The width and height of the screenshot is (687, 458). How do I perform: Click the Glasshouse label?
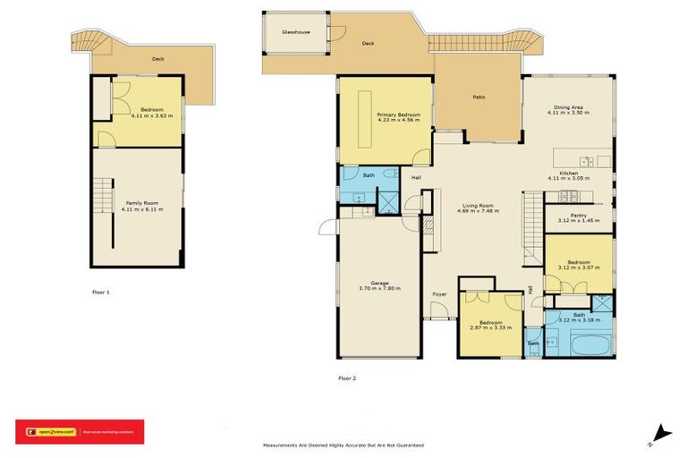(295, 31)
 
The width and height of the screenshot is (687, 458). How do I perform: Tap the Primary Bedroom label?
(398, 115)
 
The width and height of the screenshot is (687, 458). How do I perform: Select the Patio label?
(479, 97)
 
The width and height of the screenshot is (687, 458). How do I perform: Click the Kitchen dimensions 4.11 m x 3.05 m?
(569, 179)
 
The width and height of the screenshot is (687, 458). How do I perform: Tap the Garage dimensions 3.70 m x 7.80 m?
(379, 288)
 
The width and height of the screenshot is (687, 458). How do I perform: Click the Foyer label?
(440, 293)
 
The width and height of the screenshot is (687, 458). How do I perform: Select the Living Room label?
(478, 205)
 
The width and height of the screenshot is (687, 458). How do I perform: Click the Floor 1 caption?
(101, 292)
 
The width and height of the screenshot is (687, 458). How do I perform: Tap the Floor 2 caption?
(347, 378)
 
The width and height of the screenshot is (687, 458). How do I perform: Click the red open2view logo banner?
(80, 432)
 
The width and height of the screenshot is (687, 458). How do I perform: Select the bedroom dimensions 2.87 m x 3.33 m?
(489, 327)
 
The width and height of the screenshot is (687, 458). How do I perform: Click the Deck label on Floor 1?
(157, 59)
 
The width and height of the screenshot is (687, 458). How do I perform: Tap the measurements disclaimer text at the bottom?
(343, 445)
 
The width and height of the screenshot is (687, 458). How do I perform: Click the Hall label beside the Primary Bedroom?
(416, 178)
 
